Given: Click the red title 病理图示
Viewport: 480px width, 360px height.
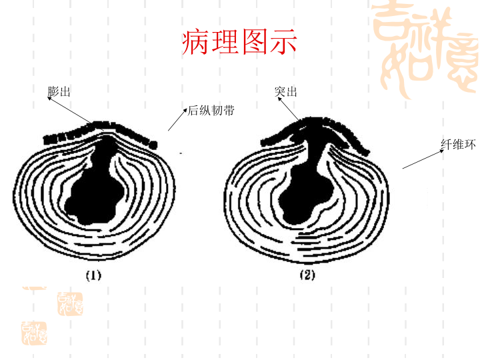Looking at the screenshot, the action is pos(239,42).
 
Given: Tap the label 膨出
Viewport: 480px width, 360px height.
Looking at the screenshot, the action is pos(59,91).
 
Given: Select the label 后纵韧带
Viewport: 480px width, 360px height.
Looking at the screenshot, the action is pos(211,110).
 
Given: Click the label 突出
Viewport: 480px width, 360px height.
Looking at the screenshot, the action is pos(286,91).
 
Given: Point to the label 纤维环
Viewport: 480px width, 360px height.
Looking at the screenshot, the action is pos(458,144).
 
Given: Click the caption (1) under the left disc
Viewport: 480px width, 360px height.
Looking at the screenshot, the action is pos(93,275).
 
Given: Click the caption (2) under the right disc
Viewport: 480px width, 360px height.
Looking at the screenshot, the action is pos(307,275).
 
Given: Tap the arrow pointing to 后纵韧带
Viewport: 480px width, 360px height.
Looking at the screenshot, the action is pos(177,119).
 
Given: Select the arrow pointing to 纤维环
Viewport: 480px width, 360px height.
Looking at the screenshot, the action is pos(423,159).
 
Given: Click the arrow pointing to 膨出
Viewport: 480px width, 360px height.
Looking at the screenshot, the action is pos(75,113).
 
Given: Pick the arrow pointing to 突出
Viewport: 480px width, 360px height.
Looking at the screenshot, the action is pos(289,109).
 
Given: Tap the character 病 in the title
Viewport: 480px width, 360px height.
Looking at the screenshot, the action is pos(195,42).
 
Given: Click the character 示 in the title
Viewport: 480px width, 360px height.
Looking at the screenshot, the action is pos(284,42).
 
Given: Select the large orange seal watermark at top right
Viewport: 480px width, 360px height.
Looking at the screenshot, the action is pos(425,49).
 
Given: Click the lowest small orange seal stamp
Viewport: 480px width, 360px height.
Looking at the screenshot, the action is pos(34,333).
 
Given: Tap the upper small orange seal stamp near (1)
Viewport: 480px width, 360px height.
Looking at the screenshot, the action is pos(70,304).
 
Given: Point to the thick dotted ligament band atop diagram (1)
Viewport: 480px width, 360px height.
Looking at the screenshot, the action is pos(100,134).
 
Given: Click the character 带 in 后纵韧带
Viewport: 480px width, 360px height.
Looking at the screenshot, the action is pos(229,110).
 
